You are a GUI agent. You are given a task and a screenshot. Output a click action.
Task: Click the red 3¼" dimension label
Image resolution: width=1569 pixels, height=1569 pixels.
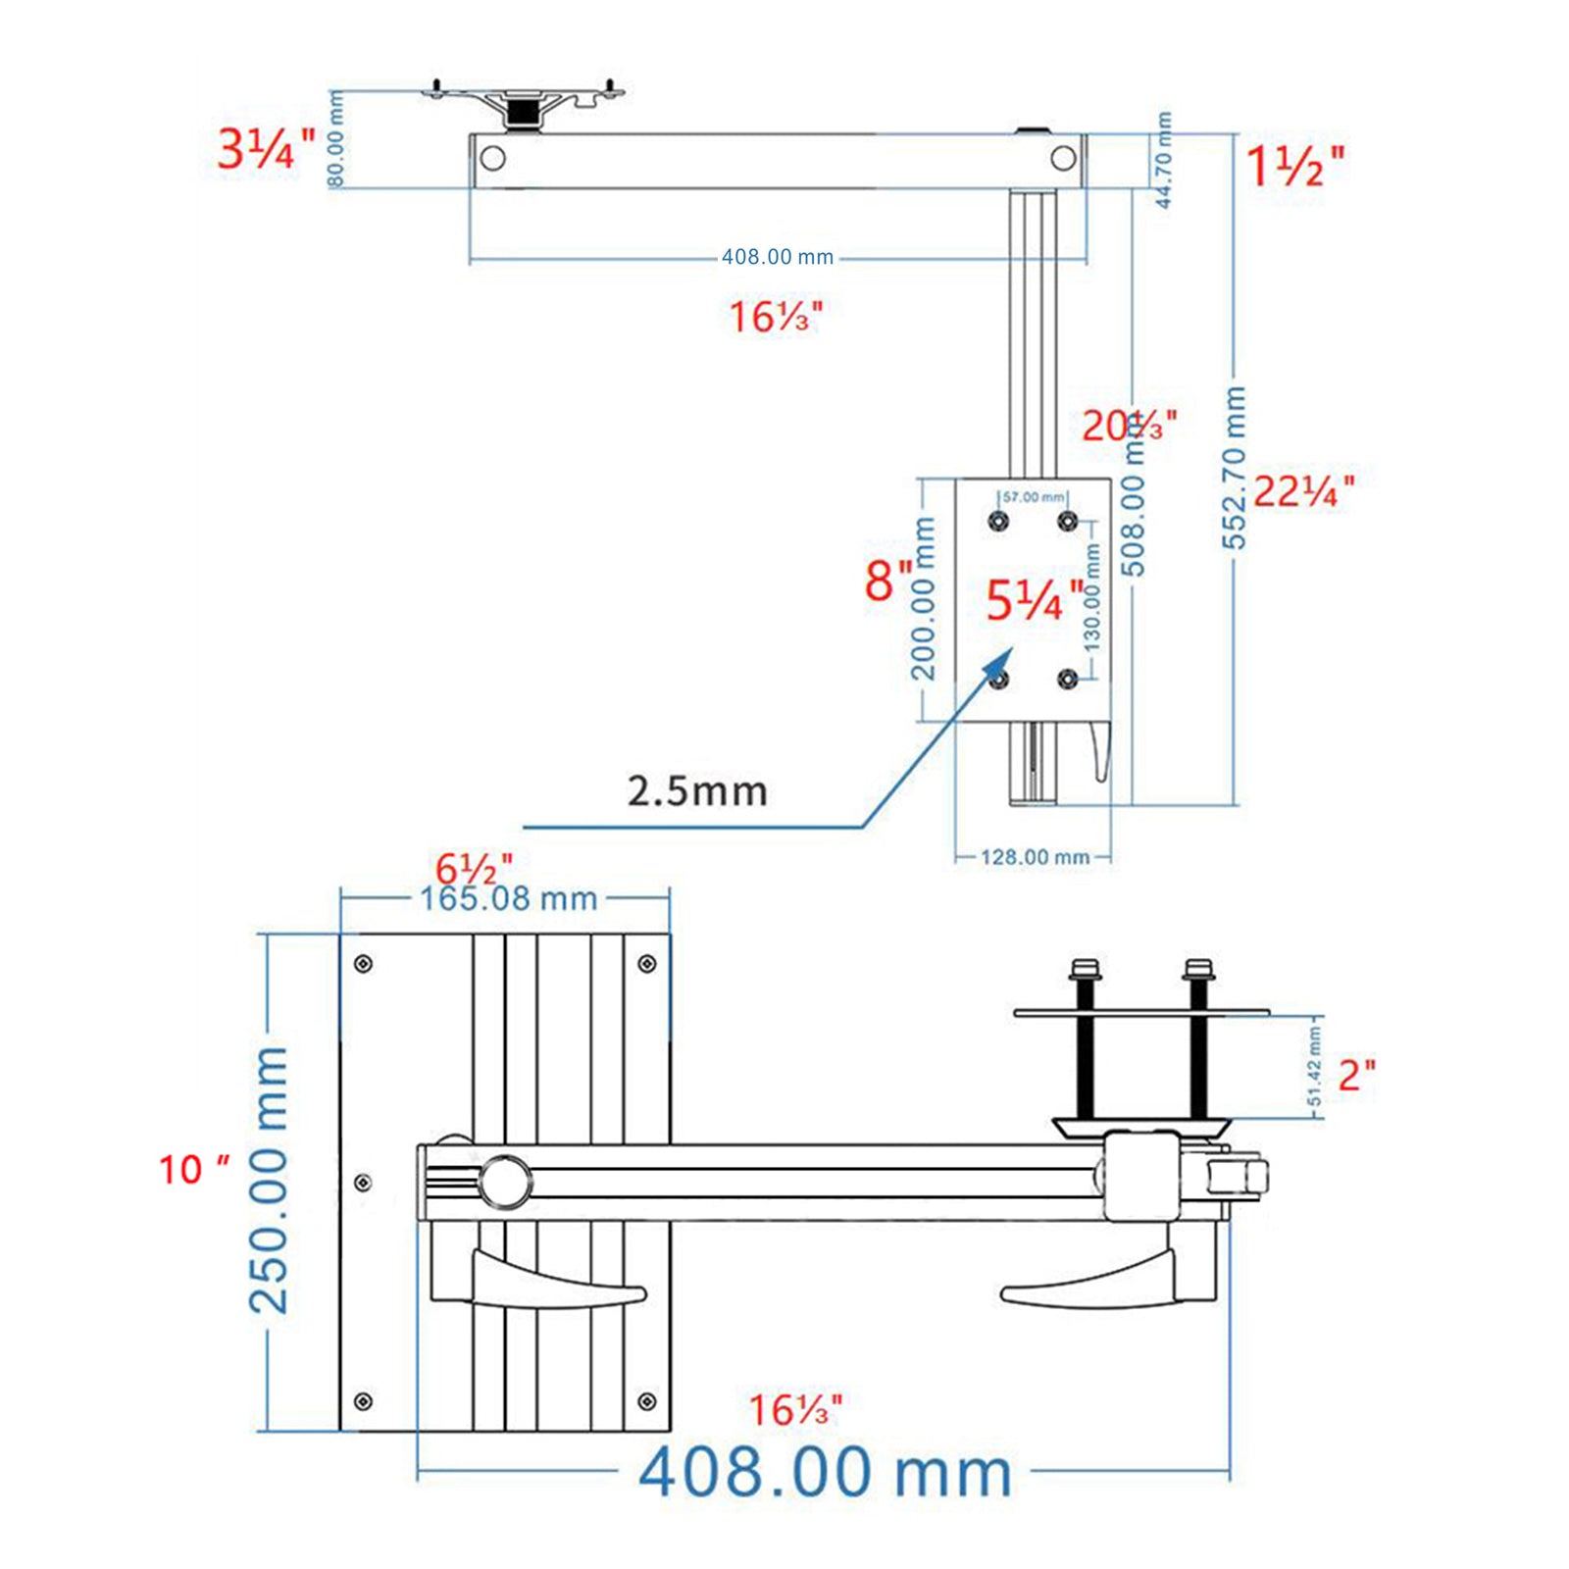point(265,150)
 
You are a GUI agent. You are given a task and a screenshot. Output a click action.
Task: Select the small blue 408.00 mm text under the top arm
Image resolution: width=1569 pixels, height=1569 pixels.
point(777,258)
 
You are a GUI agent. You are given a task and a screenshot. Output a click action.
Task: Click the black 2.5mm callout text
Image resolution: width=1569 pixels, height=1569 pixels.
point(696,791)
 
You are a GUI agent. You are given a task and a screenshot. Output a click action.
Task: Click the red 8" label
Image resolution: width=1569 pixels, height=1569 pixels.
point(886,580)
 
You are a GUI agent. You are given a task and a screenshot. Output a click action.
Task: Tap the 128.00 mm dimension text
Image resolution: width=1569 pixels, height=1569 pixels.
point(1035,857)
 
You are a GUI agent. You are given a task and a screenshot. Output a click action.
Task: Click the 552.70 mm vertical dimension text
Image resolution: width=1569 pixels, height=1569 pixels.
point(1234,469)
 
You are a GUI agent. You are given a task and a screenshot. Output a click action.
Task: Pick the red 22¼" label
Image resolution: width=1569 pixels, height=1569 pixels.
point(1303,491)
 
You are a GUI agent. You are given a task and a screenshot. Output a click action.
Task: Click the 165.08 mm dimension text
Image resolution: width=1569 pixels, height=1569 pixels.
point(508,898)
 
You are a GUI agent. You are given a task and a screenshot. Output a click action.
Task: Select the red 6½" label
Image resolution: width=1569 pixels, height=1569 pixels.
point(474,868)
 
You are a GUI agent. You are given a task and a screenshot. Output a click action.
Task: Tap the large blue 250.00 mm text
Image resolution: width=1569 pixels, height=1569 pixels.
point(269,1180)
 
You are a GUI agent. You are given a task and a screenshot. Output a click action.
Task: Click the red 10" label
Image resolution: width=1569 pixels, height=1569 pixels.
point(193,1169)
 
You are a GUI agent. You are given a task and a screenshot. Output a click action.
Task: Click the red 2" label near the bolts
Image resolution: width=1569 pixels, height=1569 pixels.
point(1356,1075)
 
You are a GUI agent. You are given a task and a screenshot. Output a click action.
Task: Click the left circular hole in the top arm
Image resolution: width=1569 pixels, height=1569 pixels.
point(493,158)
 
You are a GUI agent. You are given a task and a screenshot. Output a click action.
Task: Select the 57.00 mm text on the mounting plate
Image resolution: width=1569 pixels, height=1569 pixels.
point(1033,498)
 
